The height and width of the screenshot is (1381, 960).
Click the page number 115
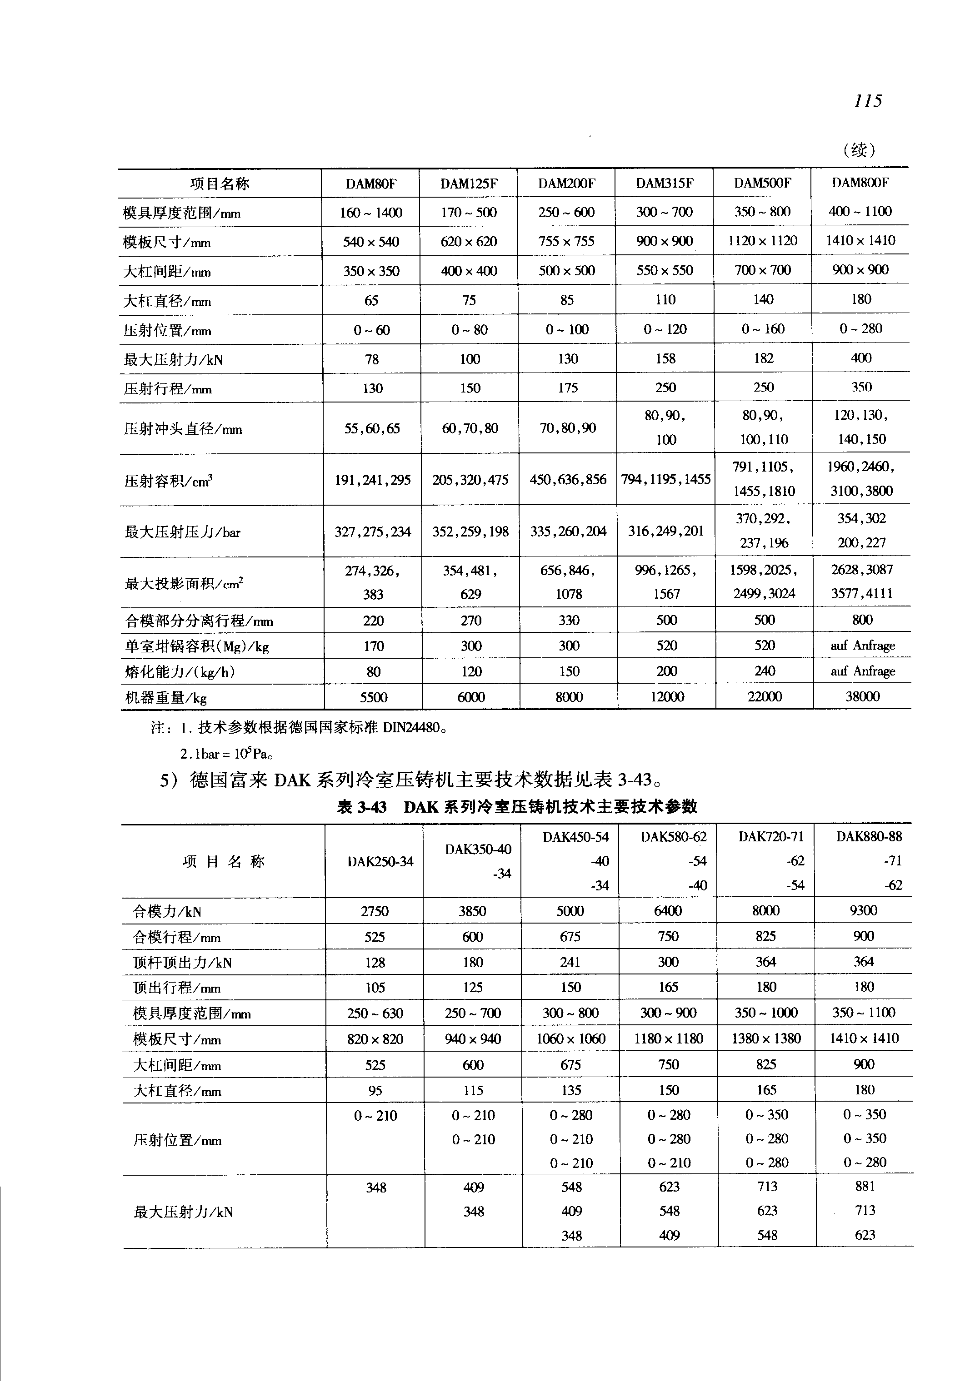click(x=867, y=100)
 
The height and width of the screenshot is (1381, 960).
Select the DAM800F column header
click(x=860, y=183)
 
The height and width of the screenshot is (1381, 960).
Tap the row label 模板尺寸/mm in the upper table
click(x=167, y=242)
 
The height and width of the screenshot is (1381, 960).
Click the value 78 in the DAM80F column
click(x=372, y=359)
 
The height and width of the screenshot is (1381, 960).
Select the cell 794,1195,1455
click(x=665, y=480)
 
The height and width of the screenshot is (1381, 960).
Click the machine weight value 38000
click(x=862, y=697)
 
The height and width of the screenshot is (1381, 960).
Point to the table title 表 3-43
click(x=361, y=807)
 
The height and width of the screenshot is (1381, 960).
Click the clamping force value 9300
click(x=863, y=910)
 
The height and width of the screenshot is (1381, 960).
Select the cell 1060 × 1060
click(x=570, y=1039)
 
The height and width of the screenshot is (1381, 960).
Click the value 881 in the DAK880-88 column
click(x=865, y=1186)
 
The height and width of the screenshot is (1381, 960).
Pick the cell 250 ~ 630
click(x=375, y=1013)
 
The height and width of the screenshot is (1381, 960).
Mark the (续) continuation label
click(x=859, y=149)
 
